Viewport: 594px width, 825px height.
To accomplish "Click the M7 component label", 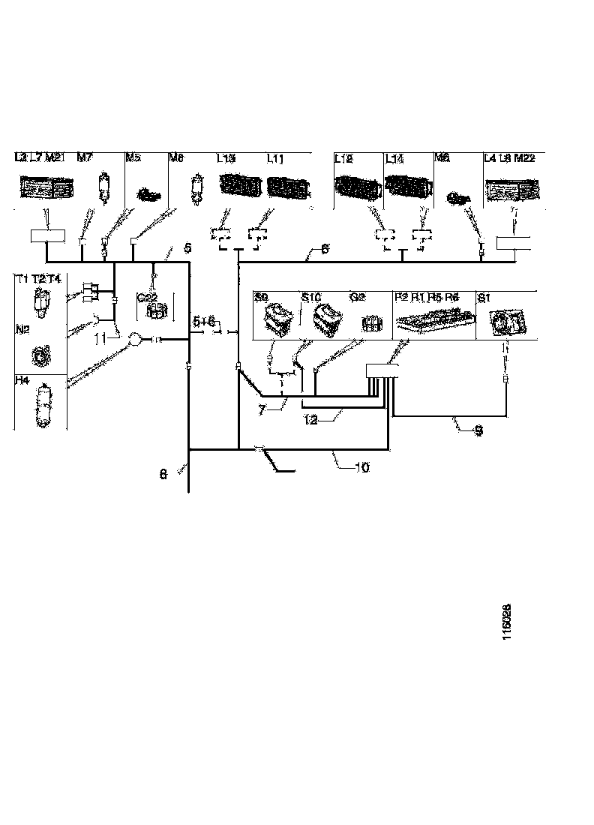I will click(x=85, y=158).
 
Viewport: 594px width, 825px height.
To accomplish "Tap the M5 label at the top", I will click(x=133, y=158).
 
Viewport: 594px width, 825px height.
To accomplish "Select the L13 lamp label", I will click(x=226, y=159).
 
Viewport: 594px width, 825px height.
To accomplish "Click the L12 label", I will click(x=343, y=159).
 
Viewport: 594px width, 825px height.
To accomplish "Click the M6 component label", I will click(x=442, y=159).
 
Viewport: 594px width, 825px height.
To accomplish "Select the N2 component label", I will click(x=23, y=328).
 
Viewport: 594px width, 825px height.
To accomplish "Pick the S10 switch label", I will click(x=310, y=297).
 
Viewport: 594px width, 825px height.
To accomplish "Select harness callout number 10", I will click(x=361, y=466).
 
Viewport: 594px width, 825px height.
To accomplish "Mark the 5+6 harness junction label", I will click(x=204, y=321).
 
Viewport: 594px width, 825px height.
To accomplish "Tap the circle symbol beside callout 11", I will click(x=135, y=340).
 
